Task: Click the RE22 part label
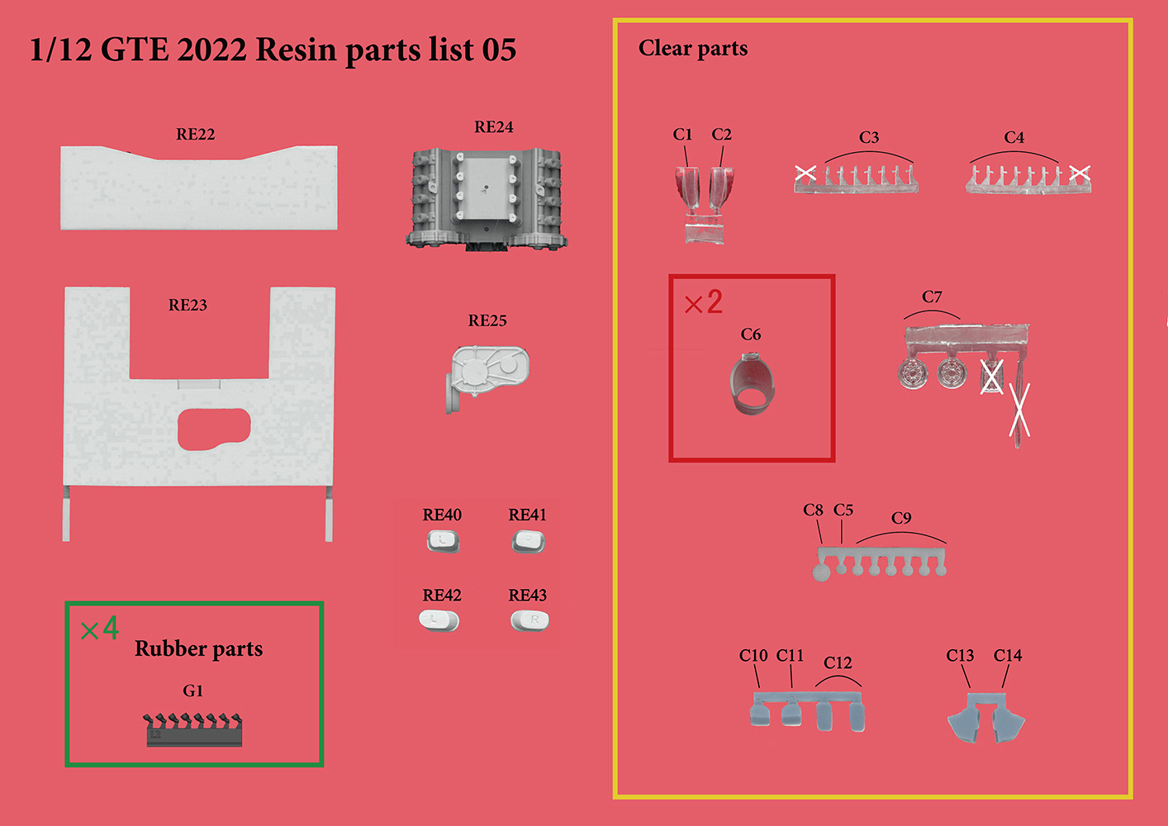(195, 134)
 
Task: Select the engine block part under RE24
(487, 200)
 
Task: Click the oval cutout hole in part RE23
(214, 429)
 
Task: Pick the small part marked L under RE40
(444, 541)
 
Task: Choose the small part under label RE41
(528, 541)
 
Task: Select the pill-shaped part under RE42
(439, 620)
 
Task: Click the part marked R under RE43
(529, 620)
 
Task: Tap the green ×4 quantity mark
(100, 628)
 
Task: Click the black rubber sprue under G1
(193, 729)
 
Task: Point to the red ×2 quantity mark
(703, 302)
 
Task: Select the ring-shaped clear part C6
(752, 384)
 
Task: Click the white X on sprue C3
(805, 173)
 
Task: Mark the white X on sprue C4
(1080, 173)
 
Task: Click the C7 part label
(932, 297)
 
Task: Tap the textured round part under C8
(821, 572)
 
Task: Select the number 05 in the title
(499, 50)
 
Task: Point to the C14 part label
(1008, 655)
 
